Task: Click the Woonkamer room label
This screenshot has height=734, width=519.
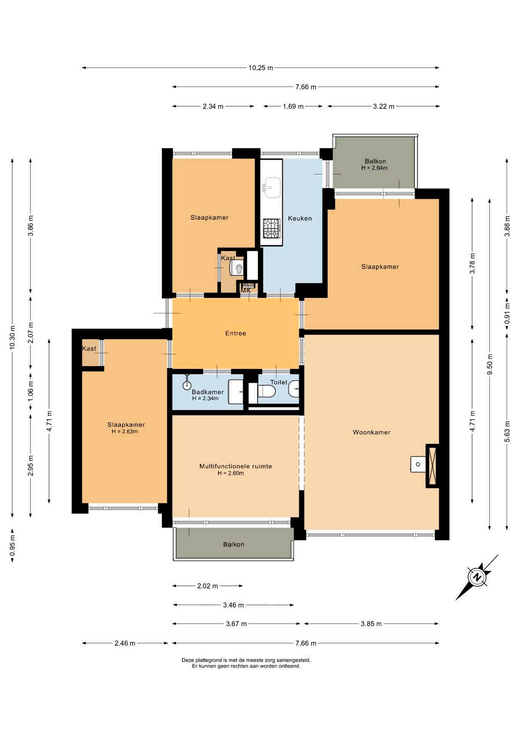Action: coord(371,432)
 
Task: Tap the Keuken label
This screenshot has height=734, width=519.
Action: coord(300,218)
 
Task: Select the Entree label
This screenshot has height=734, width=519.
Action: coord(236,333)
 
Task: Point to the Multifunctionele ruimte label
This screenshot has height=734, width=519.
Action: coord(236,466)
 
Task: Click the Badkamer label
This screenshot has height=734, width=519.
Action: coord(208,392)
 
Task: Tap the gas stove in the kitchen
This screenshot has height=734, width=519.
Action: coord(272,228)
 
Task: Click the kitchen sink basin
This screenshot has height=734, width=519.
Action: coord(272,188)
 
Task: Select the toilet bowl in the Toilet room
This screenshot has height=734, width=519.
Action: coord(267,391)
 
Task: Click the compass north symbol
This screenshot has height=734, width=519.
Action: coord(477,577)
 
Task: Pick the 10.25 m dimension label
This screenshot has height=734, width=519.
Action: coord(261,68)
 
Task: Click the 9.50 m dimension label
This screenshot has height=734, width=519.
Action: coord(490,365)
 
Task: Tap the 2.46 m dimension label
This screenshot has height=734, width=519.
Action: coord(125,643)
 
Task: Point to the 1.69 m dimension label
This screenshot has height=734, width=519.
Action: coord(293,107)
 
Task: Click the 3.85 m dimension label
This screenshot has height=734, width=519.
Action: coord(371,624)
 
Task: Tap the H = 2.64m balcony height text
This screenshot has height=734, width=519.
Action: coord(375,168)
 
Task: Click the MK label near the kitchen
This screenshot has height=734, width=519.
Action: coord(246,291)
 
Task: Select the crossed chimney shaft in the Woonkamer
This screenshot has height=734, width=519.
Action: coord(433,466)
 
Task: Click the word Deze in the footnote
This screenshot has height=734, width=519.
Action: coord(188,660)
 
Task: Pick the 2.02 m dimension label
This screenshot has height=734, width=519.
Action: coord(208,586)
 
